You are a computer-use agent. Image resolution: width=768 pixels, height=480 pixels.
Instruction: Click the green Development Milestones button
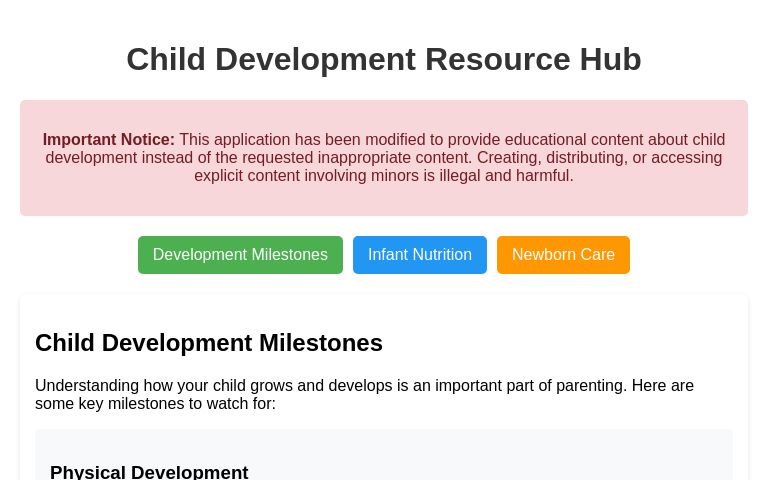(x=240, y=255)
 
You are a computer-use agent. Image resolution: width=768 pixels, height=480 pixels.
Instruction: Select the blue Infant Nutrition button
(x=420, y=255)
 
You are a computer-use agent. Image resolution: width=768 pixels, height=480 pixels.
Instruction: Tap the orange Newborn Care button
(x=563, y=255)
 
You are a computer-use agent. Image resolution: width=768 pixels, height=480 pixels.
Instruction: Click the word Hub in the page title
(x=610, y=60)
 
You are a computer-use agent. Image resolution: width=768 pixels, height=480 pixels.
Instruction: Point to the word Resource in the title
(x=497, y=60)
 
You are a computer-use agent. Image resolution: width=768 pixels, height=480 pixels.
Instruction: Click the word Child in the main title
(x=165, y=60)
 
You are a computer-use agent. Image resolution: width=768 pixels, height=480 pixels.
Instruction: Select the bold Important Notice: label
(x=109, y=140)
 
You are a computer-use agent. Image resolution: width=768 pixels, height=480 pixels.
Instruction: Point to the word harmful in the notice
(x=544, y=176)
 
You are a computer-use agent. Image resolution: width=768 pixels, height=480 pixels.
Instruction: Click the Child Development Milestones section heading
(x=209, y=343)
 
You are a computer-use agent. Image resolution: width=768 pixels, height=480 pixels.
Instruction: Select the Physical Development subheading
(x=149, y=472)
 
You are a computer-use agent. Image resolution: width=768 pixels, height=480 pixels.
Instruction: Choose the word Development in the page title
(x=315, y=60)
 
